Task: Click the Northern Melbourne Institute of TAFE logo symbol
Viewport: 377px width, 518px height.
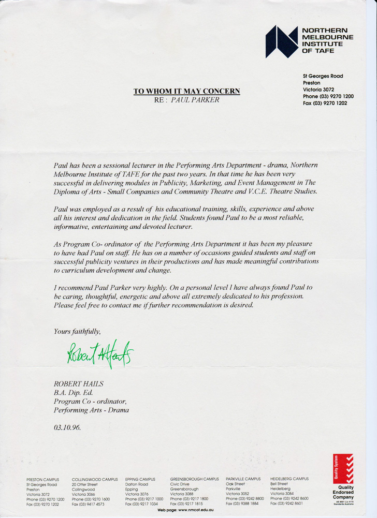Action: (x=282, y=42)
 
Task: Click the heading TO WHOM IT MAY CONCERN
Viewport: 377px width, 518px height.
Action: (x=187, y=91)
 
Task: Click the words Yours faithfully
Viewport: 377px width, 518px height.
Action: (x=77, y=331)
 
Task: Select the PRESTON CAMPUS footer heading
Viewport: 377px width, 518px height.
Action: (x=42, y=479)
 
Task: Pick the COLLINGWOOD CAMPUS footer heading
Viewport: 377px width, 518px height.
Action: (x=95, y=479)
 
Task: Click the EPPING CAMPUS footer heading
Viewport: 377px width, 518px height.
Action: (x=140, y=479)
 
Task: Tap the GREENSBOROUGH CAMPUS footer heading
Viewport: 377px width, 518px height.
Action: (x=195, y=479)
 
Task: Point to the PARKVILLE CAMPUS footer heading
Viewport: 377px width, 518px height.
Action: (x=243, y=479)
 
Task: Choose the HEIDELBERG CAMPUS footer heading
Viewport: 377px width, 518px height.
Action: (x=289, y=479)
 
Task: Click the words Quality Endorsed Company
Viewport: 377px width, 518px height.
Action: (x=343, y=492)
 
